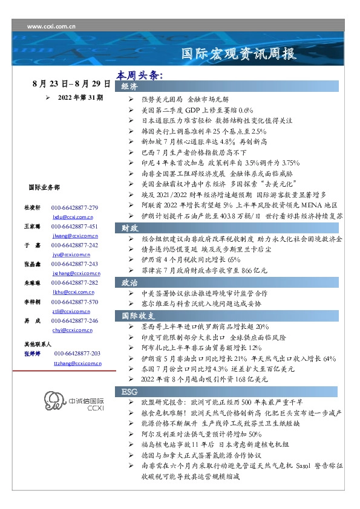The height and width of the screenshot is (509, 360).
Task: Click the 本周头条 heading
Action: [x=140, y=76]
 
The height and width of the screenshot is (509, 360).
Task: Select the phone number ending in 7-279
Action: [x=74, y=207]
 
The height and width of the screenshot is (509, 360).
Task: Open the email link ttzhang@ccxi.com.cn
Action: [x=74, y=363]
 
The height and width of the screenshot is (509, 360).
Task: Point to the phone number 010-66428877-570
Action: [x=74, y=301]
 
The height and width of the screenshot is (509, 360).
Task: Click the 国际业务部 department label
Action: [x=44, y=187]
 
